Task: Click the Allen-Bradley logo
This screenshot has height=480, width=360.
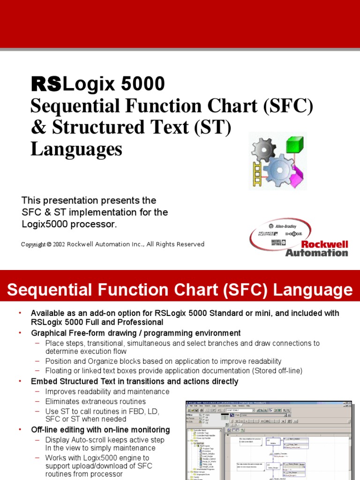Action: tap(285, 226)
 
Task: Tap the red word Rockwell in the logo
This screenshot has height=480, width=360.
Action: tap(324, 244)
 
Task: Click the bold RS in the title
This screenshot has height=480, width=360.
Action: tap(46, 84)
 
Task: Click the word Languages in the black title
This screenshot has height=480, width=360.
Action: tap(76, 149)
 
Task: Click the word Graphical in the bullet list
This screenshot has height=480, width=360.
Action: tap(49, 333)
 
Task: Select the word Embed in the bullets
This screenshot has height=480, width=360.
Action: tap(43, 382)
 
